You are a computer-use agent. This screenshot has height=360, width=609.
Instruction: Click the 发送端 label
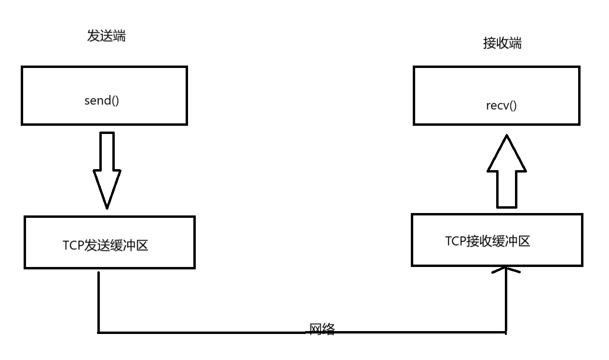click(106, 36)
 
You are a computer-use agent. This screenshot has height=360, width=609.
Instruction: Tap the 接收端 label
click(502, 43)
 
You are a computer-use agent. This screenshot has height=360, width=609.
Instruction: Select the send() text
click(101, 101)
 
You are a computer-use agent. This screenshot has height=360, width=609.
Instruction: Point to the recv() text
click(501, 106)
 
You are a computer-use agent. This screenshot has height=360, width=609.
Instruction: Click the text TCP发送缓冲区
click(105, 245)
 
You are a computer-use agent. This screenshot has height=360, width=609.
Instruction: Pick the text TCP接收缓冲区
click(487, 241)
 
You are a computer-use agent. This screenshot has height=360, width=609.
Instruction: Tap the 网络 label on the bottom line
click(322, 329)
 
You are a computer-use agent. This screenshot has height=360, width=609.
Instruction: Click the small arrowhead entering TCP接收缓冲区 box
click(506, 270)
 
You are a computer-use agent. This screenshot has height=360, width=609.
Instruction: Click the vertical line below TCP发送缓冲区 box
click(98, 301)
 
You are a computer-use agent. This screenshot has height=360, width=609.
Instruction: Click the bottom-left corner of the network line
click(98, 332)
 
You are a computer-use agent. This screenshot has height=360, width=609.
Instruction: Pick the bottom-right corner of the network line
click(506, 332)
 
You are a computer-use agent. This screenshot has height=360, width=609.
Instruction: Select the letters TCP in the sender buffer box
click(73, 246)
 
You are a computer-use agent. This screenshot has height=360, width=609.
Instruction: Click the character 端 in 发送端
click(119, 36)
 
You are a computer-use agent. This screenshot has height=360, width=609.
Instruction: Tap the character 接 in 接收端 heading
click(489, 43)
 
